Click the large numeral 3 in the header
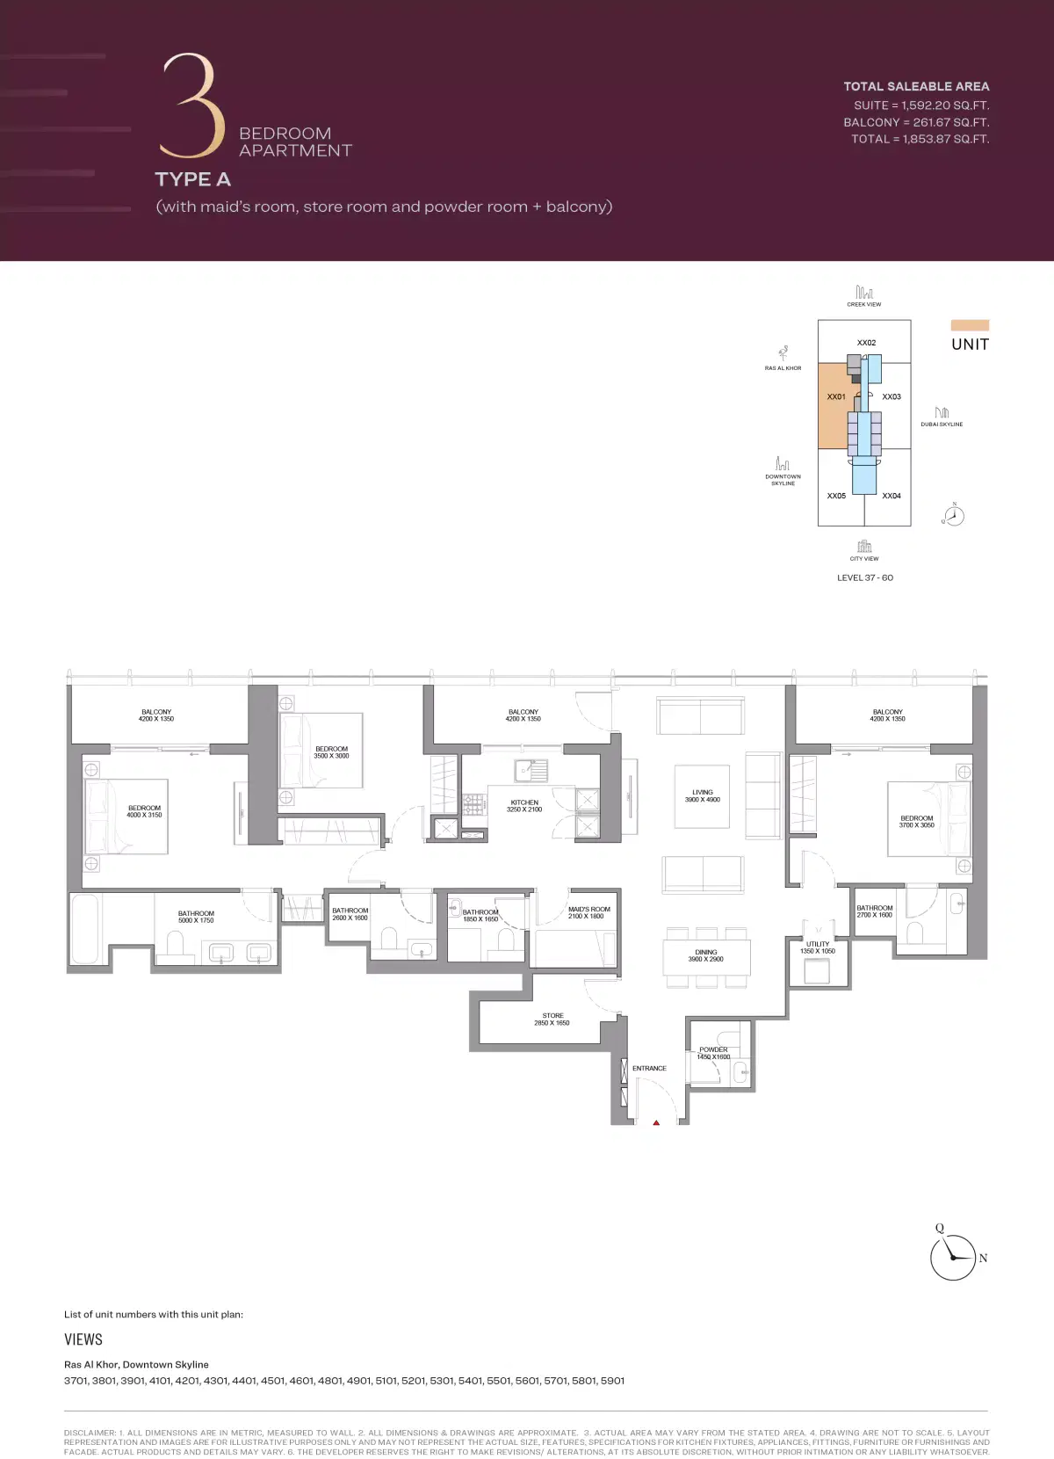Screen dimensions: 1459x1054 192,105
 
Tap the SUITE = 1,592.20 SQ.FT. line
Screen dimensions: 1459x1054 921,105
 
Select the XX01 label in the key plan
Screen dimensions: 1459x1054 836,397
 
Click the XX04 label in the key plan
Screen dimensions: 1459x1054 892,497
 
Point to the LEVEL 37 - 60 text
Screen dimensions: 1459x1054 865,578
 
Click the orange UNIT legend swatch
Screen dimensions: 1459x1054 970,325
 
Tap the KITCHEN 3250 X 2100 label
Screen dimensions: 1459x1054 524,806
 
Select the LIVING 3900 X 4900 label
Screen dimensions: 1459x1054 703,796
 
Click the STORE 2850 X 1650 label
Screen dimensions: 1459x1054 552,1020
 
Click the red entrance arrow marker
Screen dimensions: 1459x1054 656,1122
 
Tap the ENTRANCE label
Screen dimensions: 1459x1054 649,1069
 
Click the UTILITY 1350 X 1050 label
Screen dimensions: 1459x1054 818,947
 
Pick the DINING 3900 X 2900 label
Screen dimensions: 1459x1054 706,955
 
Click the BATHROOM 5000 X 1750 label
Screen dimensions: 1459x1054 196,917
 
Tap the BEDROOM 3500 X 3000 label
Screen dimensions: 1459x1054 331,752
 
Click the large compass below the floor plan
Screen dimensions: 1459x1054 953,1257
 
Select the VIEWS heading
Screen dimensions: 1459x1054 83,1339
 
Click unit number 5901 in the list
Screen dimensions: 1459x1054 612,1381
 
